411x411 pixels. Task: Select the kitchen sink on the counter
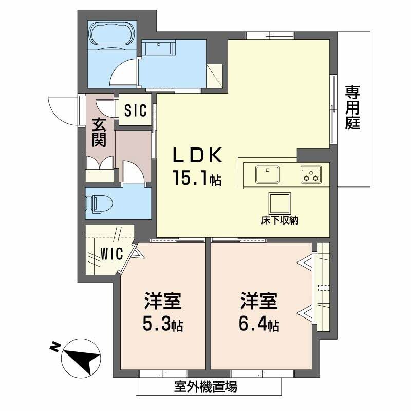coord(267,173)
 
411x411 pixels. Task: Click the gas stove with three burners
coord(310,174)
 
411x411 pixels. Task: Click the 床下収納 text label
coord(279,221)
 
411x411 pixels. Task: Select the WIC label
coord(111,253)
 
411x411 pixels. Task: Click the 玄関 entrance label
coord(99,133)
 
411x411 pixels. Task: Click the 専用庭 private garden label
coord(352,107)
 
